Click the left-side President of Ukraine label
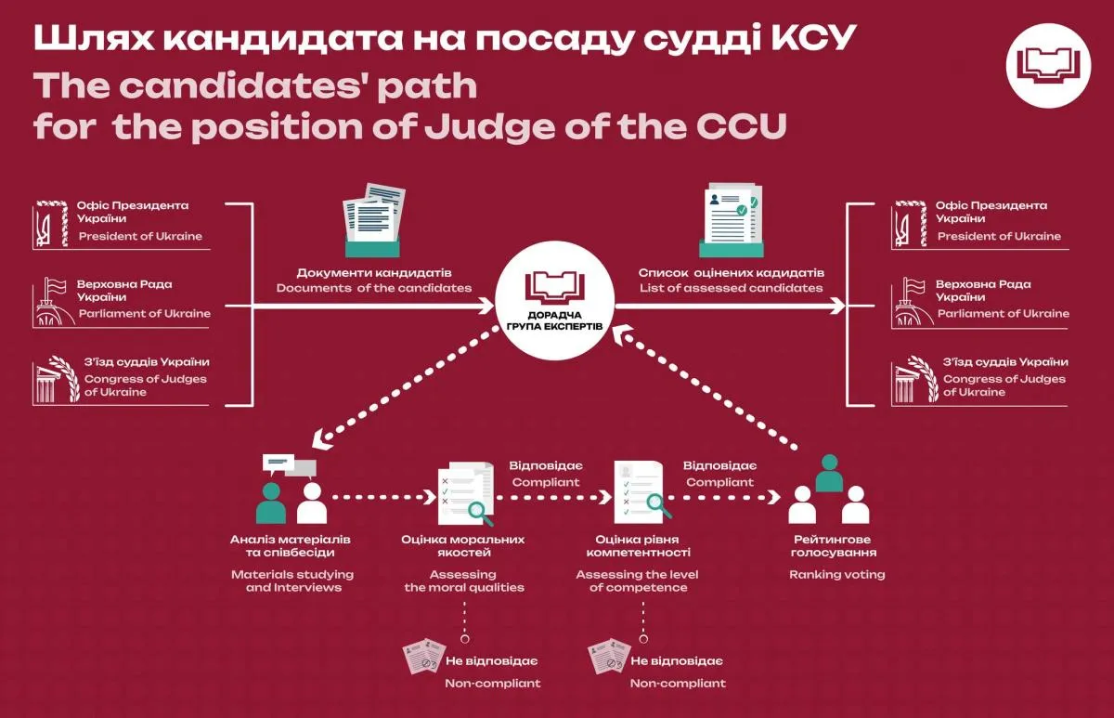point(140,236)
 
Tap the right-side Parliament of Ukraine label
point(1003,313)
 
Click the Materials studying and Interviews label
point(292,581)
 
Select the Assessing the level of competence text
point(638,581)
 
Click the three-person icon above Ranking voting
point(829,495)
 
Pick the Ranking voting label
point(836,574)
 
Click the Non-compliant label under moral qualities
point(492,683)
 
